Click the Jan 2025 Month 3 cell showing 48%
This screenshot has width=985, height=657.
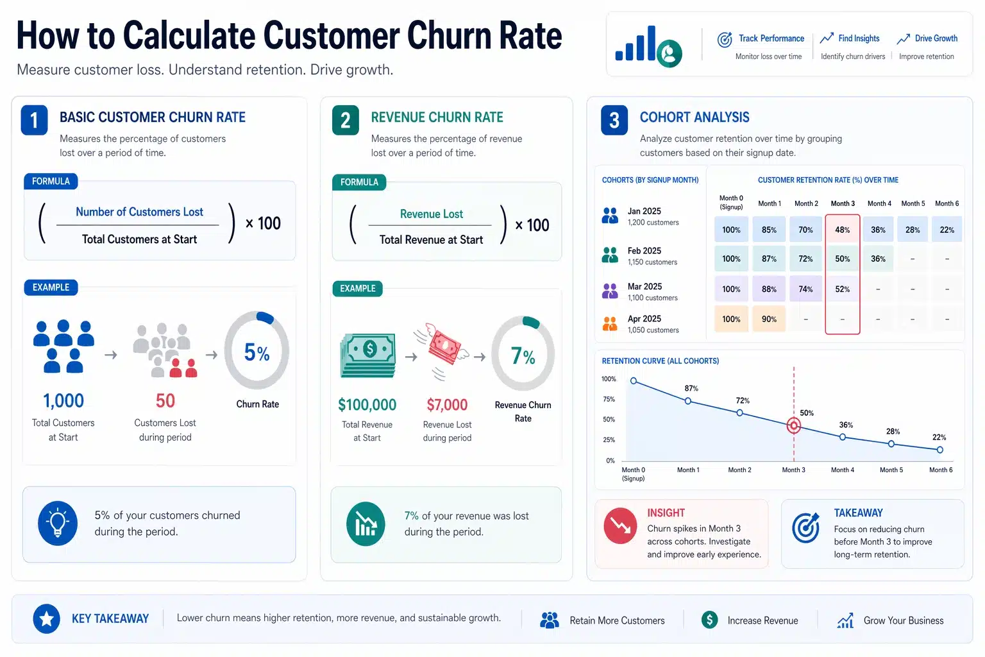pyautogui.click(x=842, y=230)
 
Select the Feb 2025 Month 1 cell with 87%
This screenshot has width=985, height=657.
pyautogui.click(x=769, y=259)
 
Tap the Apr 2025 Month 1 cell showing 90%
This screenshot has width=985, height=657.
pyautogui.click(x=769, y=319)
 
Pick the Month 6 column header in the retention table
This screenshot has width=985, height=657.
pyautogui.click(x=947, y=203)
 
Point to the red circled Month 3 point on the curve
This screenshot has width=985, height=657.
pyautogui.click(x=794, y=425)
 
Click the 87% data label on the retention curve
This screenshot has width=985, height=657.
pyautogui.click(x=691, y=388)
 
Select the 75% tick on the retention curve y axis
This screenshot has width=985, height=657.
pyautogui.click(x=609, y=399)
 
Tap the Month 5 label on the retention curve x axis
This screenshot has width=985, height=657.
pyautogui.click(x=891, y=470)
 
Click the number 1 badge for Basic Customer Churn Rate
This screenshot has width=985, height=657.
pyautogui.click(x=34, y=120)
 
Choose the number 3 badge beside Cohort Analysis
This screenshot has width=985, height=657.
pyautogui.click(x=614, y=120)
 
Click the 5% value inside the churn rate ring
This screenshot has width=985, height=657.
pyautogui.click(x=257, y=352)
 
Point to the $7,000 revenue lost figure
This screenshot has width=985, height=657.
pyautogui.click(x=447, y=405)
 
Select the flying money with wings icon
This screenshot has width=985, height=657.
pyautogui.click(x=444, y=346)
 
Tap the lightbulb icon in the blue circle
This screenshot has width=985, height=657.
pyautogui.click(x=58, y=523)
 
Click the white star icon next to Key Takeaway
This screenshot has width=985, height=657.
pyautogui.click(x=46, y=619)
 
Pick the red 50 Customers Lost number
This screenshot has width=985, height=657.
pyautogui.click(x=165, y=401)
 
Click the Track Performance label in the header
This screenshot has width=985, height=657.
pyautogui.click(x=771, y=38)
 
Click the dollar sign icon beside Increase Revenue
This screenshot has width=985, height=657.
pyautogui.click(x=709, y=620)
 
